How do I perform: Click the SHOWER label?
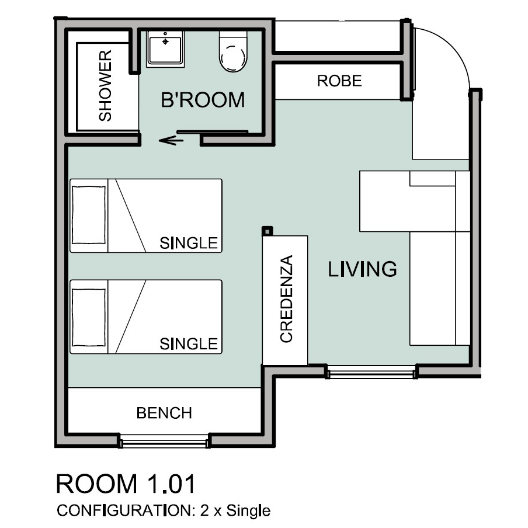click(105, 85)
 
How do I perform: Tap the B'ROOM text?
click(203, 100)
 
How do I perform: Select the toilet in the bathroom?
click(233, 51)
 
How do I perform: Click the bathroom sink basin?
click(165, 49)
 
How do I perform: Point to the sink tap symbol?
click(165, 41)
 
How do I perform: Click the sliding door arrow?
click(171, 140)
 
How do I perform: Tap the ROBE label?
click(339, 81)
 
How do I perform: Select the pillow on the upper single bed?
click(89, 215)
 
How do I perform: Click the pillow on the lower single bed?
click(89, 317)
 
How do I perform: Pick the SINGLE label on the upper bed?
click(189, 243)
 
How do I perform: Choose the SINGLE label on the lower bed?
click(189, 344)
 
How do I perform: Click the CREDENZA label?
click(287, 299)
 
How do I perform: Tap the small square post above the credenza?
click(268, 231)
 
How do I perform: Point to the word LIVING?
click(362, 269)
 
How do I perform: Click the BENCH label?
click(164, 413)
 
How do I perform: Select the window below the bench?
click(164, 442)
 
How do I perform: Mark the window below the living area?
click(371, 371)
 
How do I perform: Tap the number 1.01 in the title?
click(171, 484)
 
